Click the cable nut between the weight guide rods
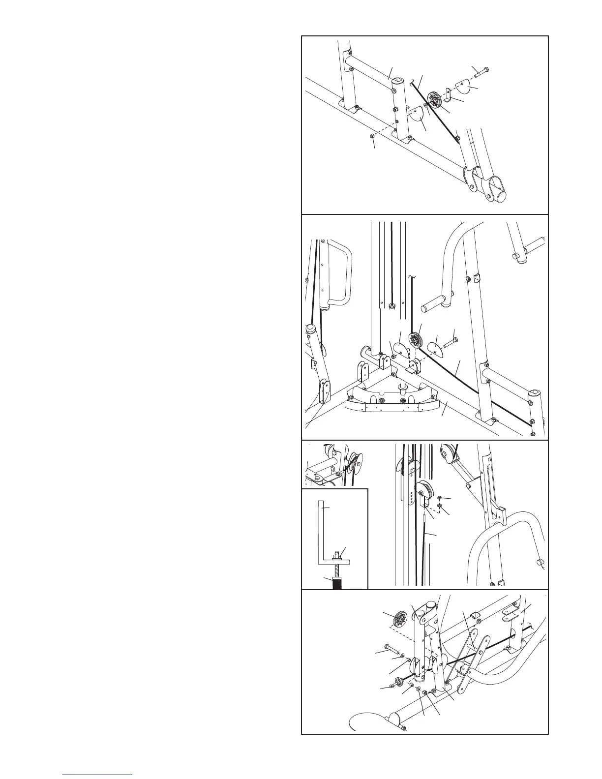(x=391, y=308)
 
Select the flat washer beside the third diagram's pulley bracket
(x=440, y=506)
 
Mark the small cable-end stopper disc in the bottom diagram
(x=396, y=684)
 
